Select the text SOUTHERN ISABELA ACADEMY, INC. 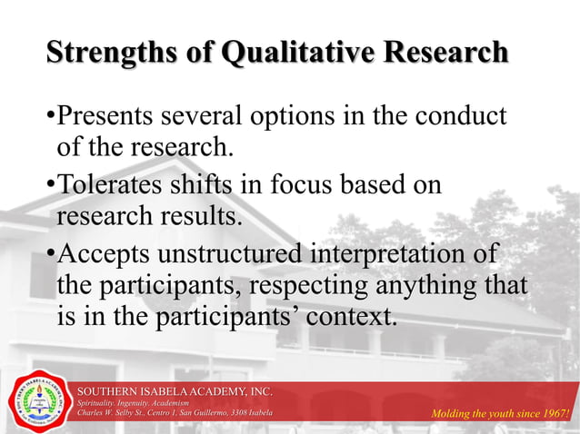(175, 390)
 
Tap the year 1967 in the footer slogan (552, 415)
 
